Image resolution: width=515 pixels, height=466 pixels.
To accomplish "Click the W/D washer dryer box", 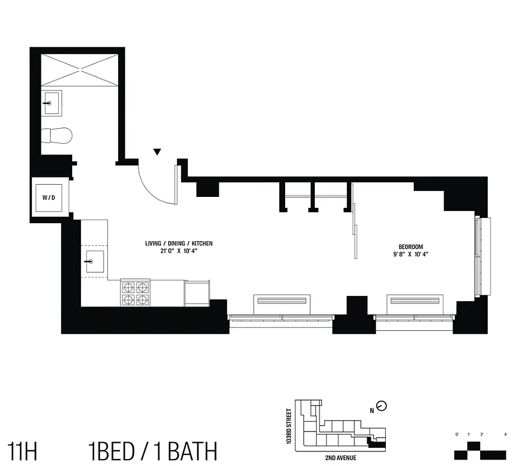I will pos(49,197).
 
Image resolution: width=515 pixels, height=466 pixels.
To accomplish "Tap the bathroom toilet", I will pos(57,135).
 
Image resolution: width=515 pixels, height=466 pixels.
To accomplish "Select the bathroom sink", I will pos(52,103).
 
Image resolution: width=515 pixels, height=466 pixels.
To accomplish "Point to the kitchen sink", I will pos(94,262).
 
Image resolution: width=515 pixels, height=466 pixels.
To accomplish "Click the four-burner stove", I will pos(135,293).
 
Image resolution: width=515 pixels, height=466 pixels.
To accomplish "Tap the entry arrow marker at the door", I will pos(157,153).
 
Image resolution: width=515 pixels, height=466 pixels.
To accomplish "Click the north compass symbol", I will pos(382,406).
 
